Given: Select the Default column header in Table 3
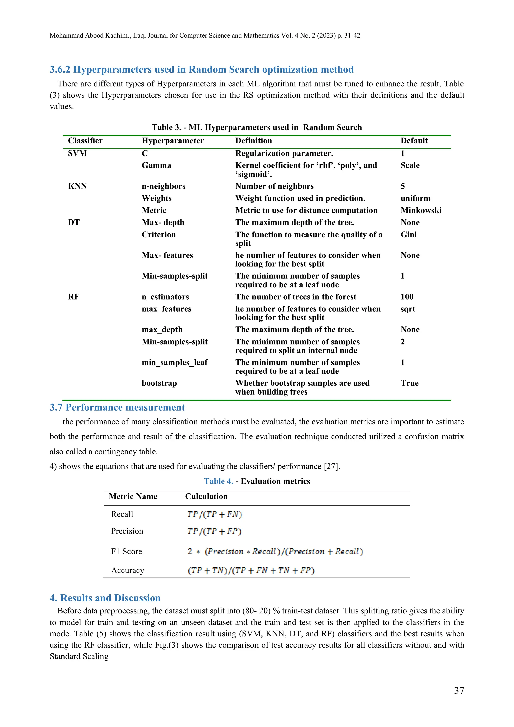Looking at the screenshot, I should click(414, 141).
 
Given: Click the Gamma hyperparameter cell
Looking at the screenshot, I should click(156, 165).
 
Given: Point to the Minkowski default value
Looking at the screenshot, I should click(421, 210).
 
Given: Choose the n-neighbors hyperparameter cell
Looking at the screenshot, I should click(163, 186).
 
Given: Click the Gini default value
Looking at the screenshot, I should click(408, 234).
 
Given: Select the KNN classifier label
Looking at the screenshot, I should click(77, 186).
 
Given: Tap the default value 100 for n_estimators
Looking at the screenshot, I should click(407, 297).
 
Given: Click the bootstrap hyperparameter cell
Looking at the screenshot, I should click(159, 383).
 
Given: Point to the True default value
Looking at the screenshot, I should click(409, 383).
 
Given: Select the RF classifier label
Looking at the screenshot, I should click(74, 297).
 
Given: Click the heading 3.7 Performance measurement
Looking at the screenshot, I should click(117, 407).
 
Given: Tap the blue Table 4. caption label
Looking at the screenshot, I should click(218, 481).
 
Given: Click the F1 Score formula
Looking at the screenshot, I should click(275, 551).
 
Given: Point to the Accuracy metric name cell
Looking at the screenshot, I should click(127, 570).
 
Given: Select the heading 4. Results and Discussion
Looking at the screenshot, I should click(105, 598).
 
